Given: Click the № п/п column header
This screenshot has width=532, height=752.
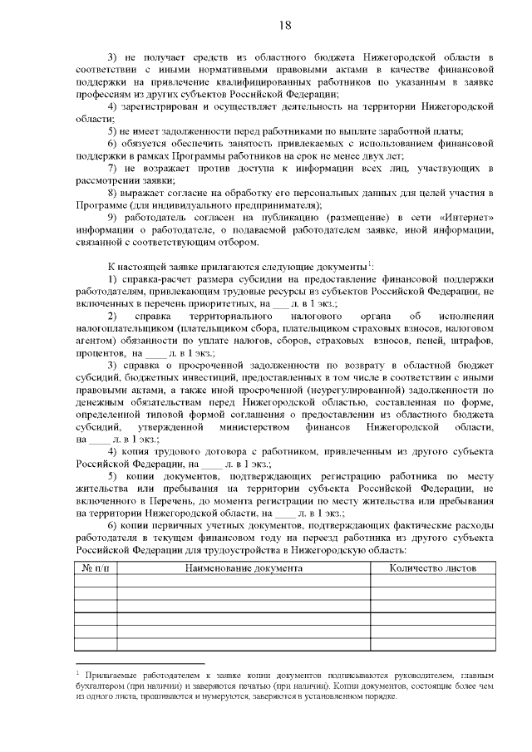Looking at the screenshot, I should pyautogui.click(x=96, y=569).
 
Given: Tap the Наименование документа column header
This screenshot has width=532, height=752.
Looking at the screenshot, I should pyautogui.click(x=244, y=569).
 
